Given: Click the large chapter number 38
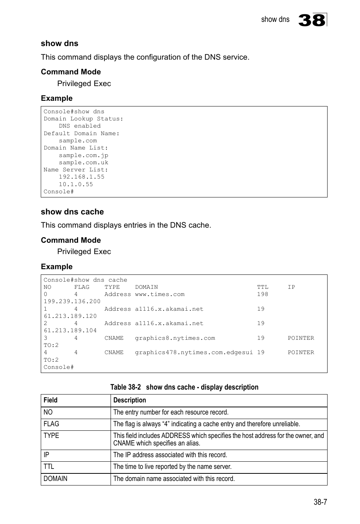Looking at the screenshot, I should [x=312, y=20].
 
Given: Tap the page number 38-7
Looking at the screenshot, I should [x=320, y=502].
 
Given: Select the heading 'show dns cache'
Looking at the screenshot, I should [x=72, y=212].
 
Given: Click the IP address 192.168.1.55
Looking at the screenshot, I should [x=82, y=177].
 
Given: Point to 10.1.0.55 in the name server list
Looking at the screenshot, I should [x=75, y=184].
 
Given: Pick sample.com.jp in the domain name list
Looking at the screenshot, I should [x=83, y=155].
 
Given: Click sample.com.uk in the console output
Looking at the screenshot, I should [x=83, y=163].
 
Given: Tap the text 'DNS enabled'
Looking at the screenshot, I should [x=80, y=126].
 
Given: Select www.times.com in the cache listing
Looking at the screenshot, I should [x=160, y=294].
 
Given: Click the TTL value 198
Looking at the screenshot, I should [x=262, y=294].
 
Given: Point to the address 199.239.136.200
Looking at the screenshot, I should [x=72, y=301].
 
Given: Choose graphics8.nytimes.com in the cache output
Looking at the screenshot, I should [x=175, y=338].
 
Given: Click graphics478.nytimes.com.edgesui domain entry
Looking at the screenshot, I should [x=194, y=353].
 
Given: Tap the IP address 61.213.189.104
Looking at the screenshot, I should [x=70, y=331].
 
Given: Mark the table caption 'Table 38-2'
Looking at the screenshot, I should [x=125, y=387].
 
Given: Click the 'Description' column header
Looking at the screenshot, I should [x=129, y=400].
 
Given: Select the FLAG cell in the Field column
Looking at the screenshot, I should [x=51, y=424].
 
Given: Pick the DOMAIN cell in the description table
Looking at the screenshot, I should [x=55, y=479].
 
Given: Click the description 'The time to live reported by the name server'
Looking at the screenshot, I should [x=172, y=467].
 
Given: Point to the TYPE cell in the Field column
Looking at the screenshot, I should [x=51, y=436].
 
